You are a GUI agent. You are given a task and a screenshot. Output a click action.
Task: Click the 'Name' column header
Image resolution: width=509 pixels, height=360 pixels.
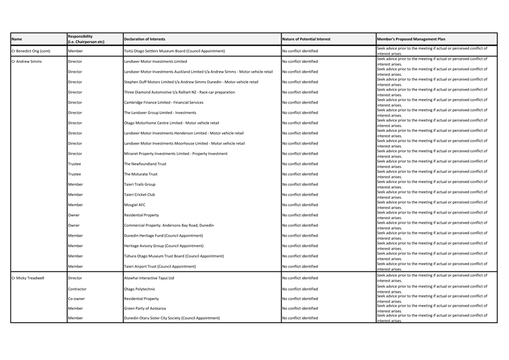(x=17, y=39)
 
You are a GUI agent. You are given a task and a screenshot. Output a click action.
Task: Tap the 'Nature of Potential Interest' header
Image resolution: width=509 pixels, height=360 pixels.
(x=306, y=39)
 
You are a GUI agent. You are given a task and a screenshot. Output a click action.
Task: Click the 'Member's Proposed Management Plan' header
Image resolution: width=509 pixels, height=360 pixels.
(x=411, y=39)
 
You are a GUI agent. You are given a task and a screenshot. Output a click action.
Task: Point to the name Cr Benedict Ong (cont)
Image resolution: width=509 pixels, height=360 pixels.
(x=31, y=51)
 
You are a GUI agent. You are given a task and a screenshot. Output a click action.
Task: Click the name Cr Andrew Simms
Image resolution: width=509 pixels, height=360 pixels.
(x=27, y=62)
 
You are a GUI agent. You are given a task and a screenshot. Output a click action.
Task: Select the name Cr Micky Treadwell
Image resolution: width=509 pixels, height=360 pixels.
(x=29, y=278)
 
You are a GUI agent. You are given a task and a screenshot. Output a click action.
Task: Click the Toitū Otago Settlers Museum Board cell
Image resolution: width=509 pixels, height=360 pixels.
(x=174, y=51)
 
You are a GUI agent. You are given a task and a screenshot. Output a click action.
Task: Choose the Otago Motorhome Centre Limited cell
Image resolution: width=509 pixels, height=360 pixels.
(x=172, y=123)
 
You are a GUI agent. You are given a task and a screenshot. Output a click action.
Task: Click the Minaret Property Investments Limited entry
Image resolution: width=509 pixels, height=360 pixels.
(x=175, y=154)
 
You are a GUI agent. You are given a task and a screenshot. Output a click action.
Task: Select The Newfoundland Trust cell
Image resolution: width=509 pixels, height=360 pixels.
(x=145, y=164)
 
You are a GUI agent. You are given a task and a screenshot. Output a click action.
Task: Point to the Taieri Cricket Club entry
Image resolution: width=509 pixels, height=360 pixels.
(x=139, y=195)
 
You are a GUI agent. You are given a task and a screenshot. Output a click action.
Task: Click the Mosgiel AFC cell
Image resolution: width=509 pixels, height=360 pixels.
(x=135, y=205)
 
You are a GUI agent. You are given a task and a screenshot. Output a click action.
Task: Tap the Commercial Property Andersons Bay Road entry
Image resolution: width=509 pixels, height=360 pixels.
(x=169, y=225)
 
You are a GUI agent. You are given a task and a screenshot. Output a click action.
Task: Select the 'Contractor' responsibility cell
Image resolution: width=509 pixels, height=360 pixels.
(x=77, y=289)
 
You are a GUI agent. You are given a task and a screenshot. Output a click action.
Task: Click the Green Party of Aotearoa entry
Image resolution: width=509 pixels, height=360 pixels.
(x=147, y=308)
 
